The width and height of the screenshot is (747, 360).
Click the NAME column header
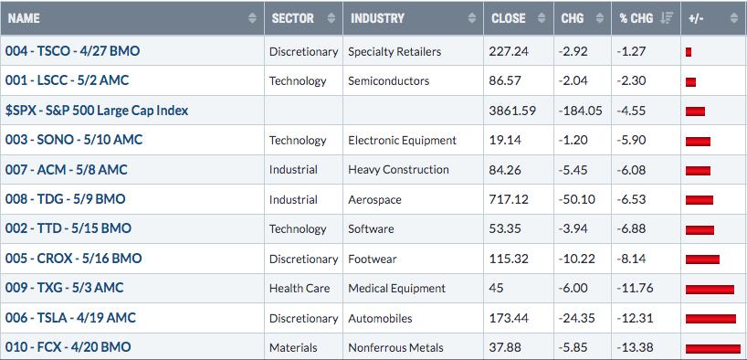pos(25,18)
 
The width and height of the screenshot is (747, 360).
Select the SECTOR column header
pos(292,18)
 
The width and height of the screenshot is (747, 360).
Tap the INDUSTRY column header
pos(377,18)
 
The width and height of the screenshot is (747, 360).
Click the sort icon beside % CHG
pos(667,18)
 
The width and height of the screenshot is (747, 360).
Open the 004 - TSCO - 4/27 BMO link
pos(72,50)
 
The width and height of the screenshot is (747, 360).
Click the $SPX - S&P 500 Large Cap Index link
pos(97,111)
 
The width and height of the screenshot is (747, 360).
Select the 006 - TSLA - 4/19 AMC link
pos(70,318)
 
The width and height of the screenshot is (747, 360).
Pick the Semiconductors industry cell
pos(388,81)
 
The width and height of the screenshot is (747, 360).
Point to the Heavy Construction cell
pos(398,170)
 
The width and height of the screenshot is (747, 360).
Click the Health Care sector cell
pos(300,289)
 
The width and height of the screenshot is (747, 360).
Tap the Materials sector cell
pos(293,347)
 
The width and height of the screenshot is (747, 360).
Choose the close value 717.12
pos(509,199)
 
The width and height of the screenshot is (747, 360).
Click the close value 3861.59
pos(512,111)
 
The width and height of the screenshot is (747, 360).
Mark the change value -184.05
pos(580,111)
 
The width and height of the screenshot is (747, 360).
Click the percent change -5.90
pos(631,140)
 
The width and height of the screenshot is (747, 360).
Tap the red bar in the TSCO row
pos(689,52)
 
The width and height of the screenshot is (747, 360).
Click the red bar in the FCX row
pos(713,348)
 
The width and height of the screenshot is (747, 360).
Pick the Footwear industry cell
pos(372,259)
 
